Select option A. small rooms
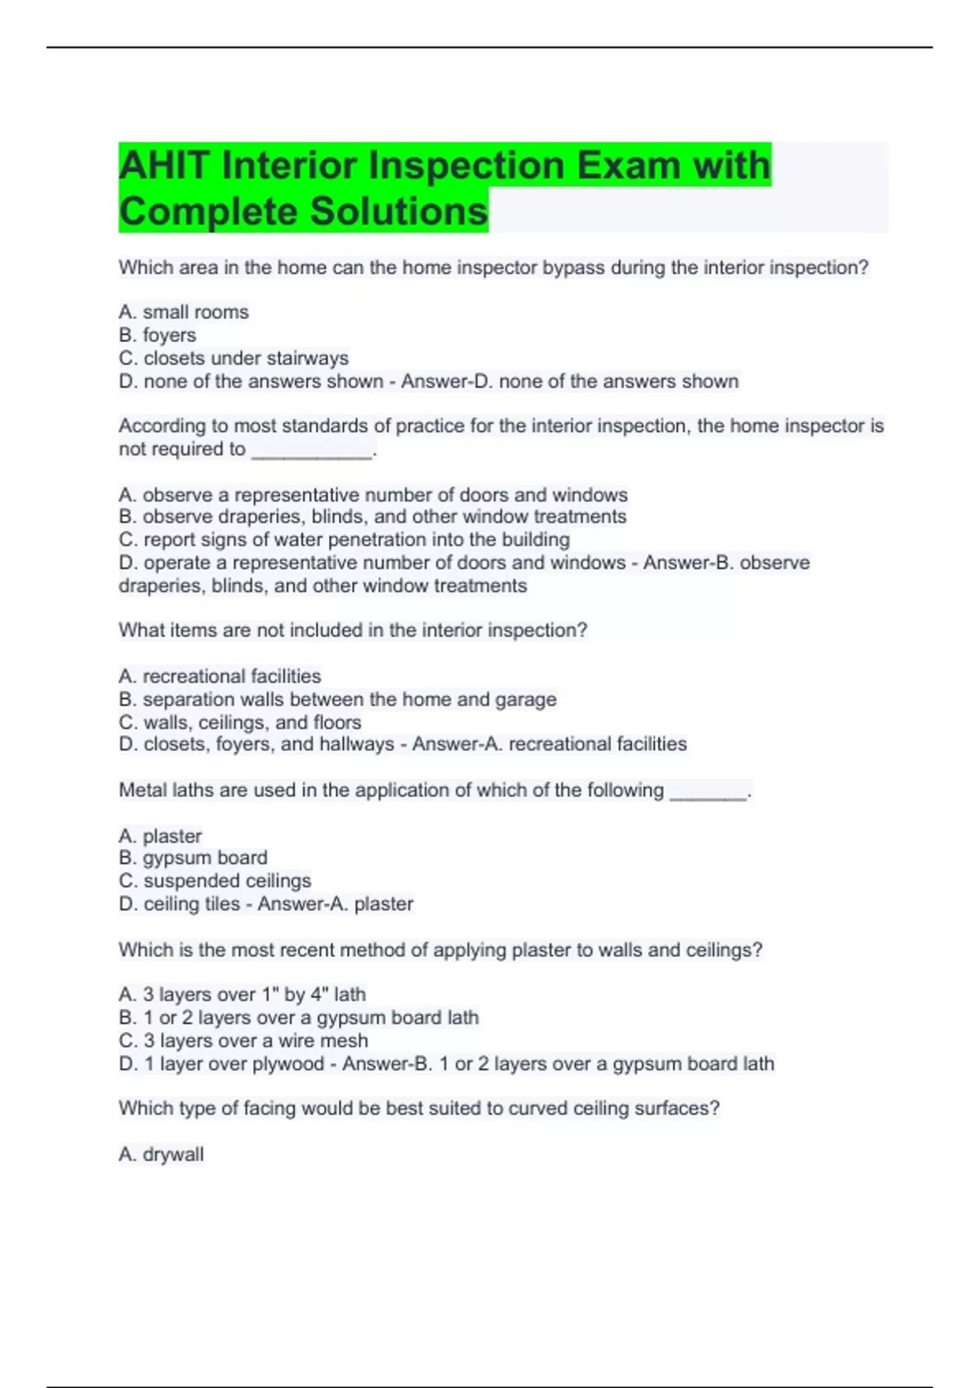[184, 312]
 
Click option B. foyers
[158, 335]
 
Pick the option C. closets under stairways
[234, 358]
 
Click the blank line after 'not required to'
[312, 451]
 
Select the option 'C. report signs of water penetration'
[344, 540]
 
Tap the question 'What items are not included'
[353, 630]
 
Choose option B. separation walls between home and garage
[337, 699]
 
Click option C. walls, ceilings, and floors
[240, 723]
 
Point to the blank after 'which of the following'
[708, 792]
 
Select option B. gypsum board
[193, 857]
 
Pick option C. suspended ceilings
[215, 881]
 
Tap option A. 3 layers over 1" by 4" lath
[242, 994]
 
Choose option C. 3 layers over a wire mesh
[243, 1040]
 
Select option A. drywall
[161, 1154]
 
